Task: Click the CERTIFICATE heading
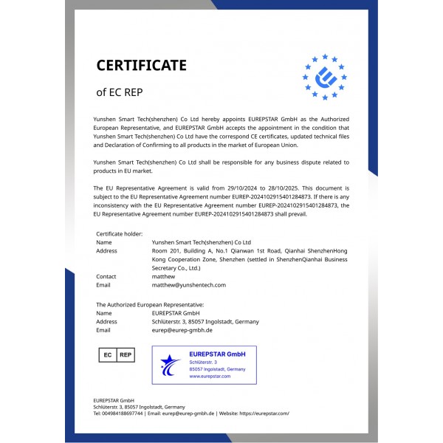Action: (x=141, y=66)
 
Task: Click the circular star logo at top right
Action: (x=324, y=77)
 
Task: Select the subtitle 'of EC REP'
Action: (x=119, y=93)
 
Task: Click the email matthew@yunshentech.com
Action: (x=188, y=284)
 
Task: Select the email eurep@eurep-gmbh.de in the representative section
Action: (x=182, y=330)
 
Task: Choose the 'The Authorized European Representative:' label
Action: (x=150, y=304)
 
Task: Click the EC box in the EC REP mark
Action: (x=107, y=355)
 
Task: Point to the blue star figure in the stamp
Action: (x=171, y=364)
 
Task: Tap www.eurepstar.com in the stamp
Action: (x=210, y=376)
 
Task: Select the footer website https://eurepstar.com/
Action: (x=264, y=413)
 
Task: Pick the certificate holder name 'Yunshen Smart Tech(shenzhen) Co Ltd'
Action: (x=201, y=242)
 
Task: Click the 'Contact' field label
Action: (x=106, y=276)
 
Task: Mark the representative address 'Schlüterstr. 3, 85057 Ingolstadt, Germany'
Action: (x=205, y=321)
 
